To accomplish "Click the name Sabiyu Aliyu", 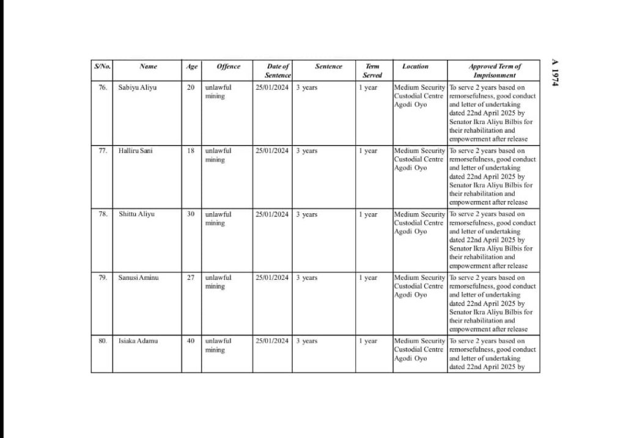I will (138, 87).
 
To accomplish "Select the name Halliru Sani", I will (136, 151).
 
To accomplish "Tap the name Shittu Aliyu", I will (137, 214).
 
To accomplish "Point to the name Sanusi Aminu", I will (138, 278).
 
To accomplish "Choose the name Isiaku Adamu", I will (138, 341).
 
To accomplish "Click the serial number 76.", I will (102, 87).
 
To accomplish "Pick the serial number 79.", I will (102, 278).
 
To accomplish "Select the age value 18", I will (191, 151).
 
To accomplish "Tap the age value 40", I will (191, 341).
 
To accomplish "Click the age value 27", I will (191, 278).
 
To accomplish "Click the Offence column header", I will (228, 67).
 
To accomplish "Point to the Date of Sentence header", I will (278, 70).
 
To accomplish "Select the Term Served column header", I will (372, 70).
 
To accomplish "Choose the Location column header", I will (415, 67).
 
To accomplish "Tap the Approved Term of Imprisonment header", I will (494, 70).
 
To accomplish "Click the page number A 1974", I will (555, 73).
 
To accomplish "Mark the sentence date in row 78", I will (272, 214).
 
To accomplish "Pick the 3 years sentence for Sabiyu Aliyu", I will (307, 87).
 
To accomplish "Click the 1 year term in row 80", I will (368, 341).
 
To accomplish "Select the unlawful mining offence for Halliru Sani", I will (218, 155).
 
